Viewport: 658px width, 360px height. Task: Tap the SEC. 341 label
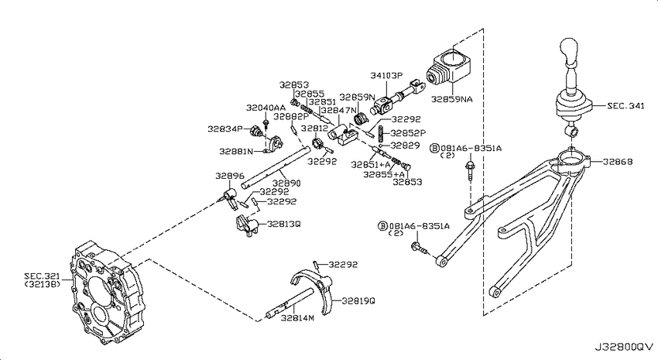625,106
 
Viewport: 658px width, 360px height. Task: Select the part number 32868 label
618,162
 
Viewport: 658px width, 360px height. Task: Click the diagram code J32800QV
624,347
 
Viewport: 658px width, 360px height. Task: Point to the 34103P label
386,76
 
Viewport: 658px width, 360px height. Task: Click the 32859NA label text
452,99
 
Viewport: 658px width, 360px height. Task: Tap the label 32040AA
266,108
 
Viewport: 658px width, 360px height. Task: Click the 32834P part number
224,129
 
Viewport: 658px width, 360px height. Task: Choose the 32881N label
236,151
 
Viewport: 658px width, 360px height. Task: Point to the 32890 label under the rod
286,183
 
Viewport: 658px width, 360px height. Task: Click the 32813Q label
284,224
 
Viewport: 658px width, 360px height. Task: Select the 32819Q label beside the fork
358,301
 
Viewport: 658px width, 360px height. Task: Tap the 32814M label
297,317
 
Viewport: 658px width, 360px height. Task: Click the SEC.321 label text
42,276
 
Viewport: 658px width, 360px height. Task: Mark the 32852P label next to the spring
408,133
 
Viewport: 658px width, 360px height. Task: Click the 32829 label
405,146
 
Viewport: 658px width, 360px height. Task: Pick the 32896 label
230,176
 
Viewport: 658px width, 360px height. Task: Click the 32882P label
291,116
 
